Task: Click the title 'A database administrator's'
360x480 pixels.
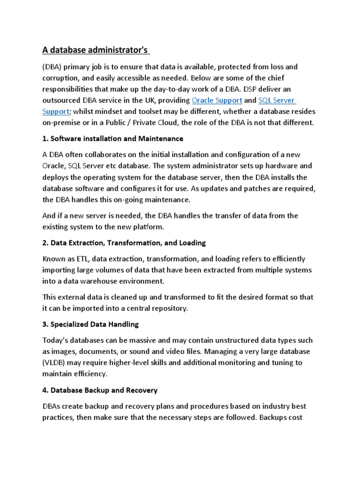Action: coord(93,50)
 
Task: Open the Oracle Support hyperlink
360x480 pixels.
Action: coord(217,100)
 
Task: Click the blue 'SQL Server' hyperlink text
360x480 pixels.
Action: coord(277,100)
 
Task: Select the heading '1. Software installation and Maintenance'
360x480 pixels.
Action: coord(112,139)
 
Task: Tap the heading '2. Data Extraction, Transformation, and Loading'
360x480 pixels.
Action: coord(124,243)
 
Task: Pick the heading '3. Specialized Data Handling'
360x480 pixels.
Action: coord(90,324)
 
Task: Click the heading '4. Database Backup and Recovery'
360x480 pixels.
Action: coord(100,390)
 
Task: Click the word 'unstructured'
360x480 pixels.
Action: coord(222,340)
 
